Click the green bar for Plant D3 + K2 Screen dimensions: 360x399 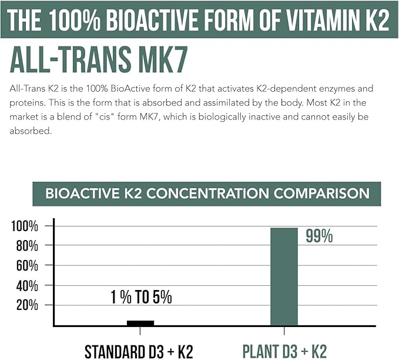[284, 276]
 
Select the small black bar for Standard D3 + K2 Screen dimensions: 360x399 [140, 323]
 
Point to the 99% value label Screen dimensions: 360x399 [319, 236]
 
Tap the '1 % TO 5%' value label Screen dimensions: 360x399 [141, 297]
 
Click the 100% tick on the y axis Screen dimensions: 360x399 [26, 226]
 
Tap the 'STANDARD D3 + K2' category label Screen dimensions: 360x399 [139, 351]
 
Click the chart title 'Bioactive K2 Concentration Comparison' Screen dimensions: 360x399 [207, 194]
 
